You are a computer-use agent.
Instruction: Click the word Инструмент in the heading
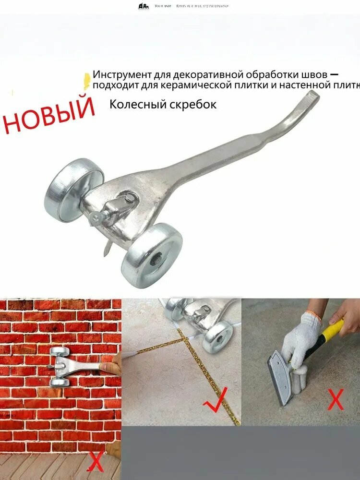122,75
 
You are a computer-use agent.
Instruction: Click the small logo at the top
144,6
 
